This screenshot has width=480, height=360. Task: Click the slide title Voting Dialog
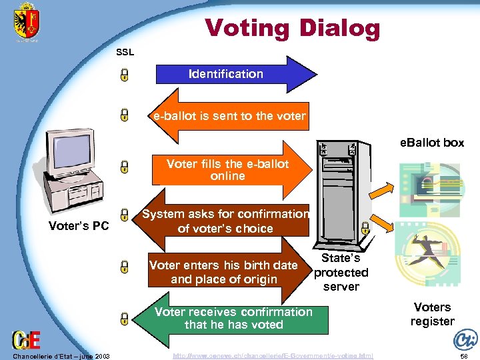tap(292, 28)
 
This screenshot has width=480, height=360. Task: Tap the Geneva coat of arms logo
tap(27, 24)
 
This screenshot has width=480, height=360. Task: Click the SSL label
tap(125, 52)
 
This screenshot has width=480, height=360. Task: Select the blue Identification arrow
tap(227, 74)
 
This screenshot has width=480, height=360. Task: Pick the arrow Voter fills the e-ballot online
tap(228, 170)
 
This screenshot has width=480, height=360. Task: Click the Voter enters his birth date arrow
tap(224, 272)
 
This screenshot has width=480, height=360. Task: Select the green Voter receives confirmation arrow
tap(233, 318)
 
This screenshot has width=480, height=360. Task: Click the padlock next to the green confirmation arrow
tap(125, 318)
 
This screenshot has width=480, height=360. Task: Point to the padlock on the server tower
tap(365, 228)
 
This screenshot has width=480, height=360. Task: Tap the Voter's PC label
tap(79, 226)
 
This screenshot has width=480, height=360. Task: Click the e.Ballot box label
tap(431, 143)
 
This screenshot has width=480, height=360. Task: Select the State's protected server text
tap(341, 272)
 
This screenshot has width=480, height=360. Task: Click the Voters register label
tap(432, 314)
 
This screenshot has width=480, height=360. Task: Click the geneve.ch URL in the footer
tap(273, 356)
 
